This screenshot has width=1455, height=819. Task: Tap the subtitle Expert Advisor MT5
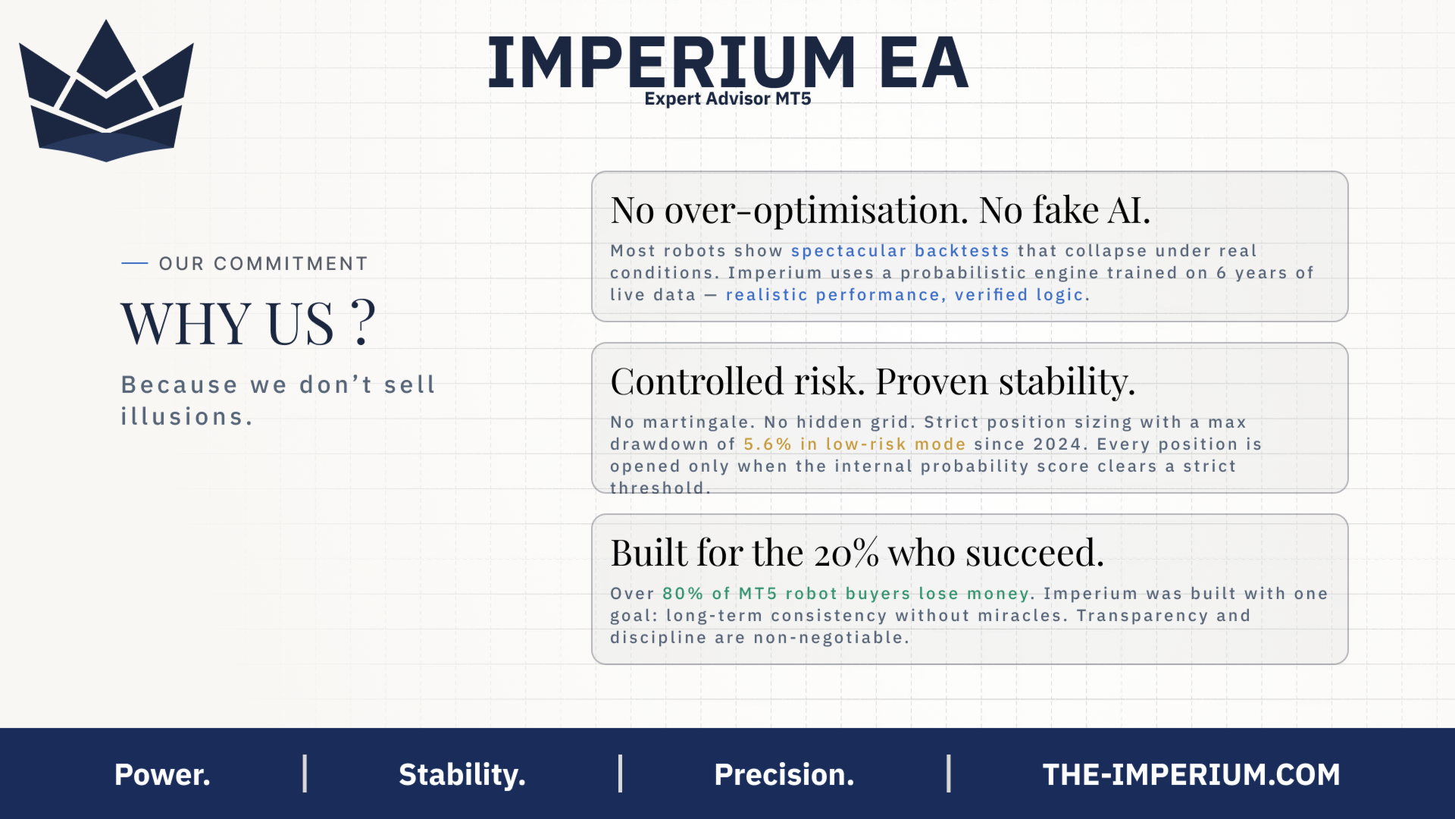[727, 99]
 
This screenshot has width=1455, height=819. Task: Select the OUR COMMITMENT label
[263, 263]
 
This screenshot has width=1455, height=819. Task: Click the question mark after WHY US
[364, 322]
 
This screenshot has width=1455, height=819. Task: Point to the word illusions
[186, 416]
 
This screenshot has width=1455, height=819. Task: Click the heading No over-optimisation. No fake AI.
[881, 210]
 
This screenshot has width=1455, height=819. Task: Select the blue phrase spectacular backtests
[900, 251]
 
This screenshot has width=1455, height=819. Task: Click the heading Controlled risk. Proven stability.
[873, 381]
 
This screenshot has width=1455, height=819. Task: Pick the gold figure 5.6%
[767, 444]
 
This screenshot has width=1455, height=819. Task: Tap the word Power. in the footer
[162, 774]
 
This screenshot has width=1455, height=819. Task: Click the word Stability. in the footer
[462, 775]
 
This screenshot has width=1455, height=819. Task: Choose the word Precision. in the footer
[784, 774]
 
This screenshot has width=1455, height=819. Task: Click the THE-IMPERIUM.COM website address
[1191, 774]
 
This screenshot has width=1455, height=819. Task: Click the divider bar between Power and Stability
[305, 773]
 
